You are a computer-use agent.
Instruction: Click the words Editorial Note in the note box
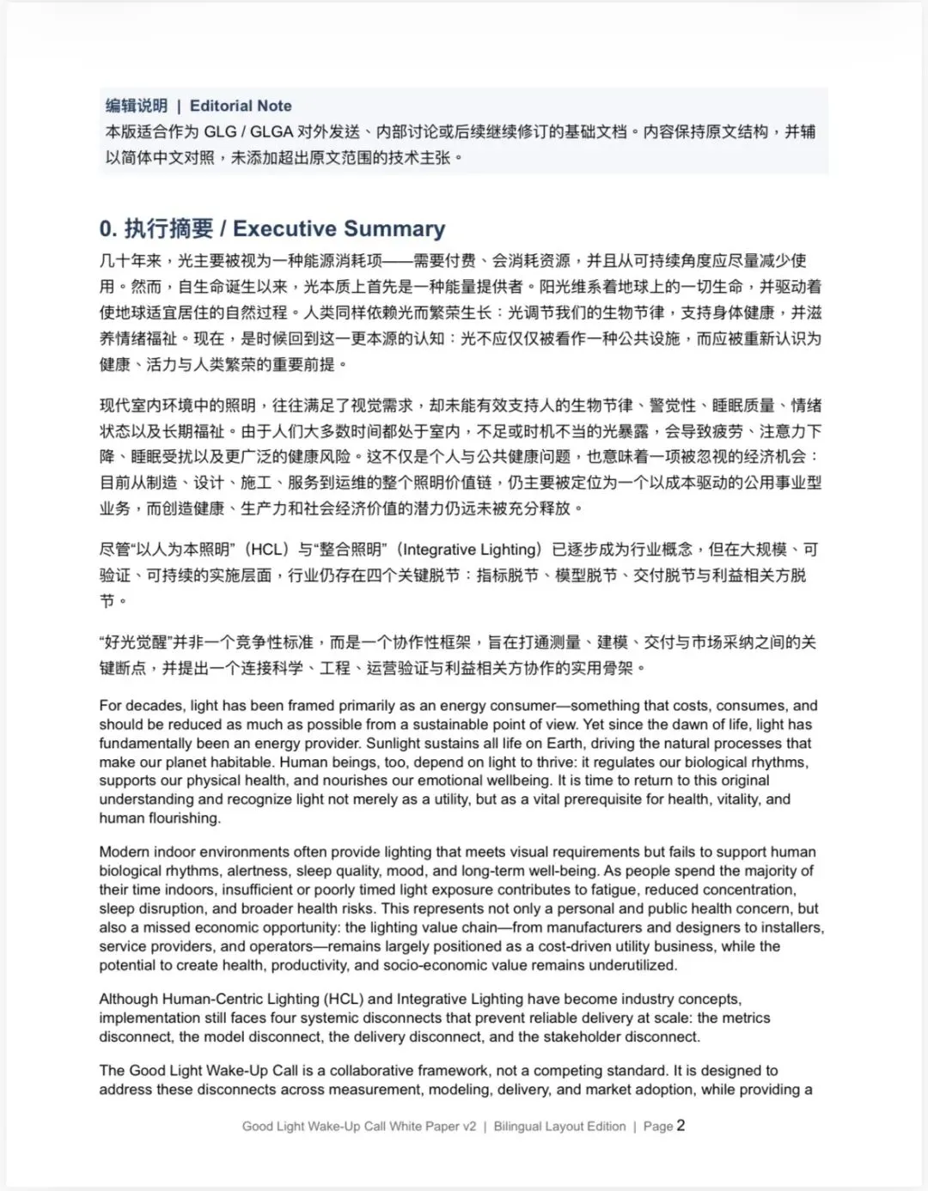[x=241, y=106]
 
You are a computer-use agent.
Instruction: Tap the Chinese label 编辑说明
[x=137, y=106]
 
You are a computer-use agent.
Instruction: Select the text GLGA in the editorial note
[x=271, y=131]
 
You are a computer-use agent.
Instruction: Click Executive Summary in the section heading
[x=339, y=228]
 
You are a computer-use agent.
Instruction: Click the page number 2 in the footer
[x=681, y=1125]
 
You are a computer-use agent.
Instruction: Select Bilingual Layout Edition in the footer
[x=559, y=1126]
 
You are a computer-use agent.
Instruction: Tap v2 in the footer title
[x=467, y=1126]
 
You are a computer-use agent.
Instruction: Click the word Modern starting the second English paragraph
[x=124, y=852]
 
